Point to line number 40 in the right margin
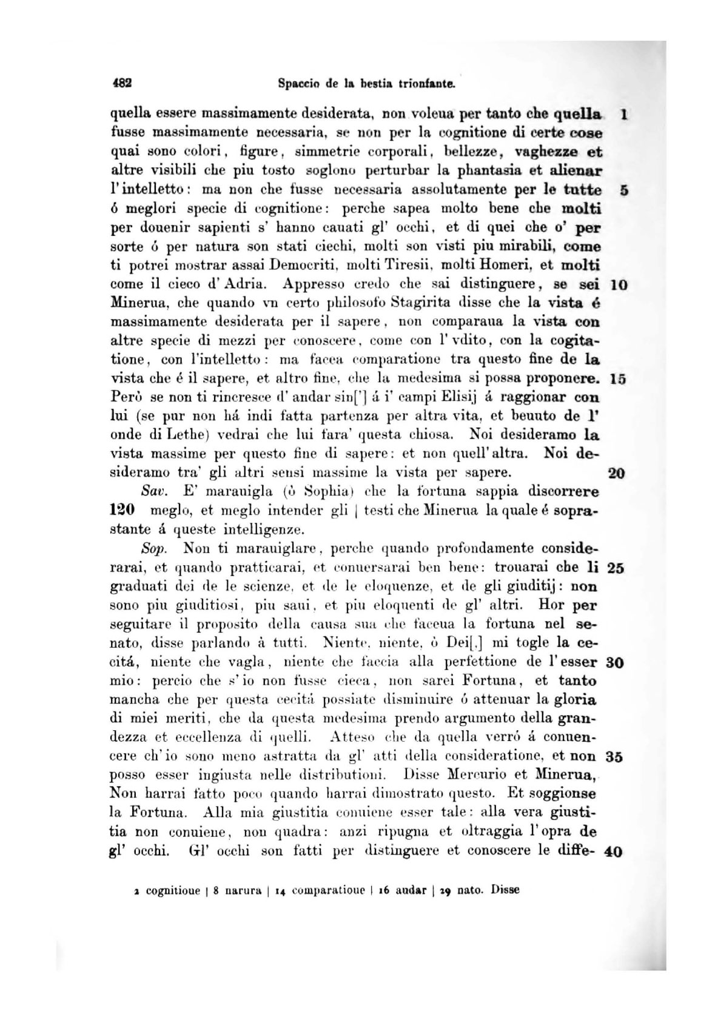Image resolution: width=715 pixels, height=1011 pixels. tap(614, 851)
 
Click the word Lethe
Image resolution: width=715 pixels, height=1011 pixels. tap(179, 436)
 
